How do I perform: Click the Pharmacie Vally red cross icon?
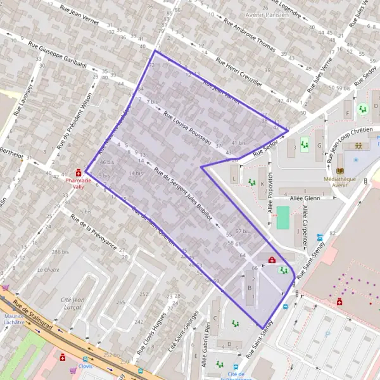pyautogui.click(x=79, y=172)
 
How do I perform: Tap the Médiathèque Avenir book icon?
pyautogui.click(x=341, y=172)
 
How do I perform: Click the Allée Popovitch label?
pyautogui.click(x=270, y=191)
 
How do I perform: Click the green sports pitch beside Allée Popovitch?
pyautogui.click(x=282, y=218)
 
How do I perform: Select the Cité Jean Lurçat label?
pyautogui.click(x=71, y=303)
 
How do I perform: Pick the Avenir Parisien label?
pyautogui.click(x=263, y=14)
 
